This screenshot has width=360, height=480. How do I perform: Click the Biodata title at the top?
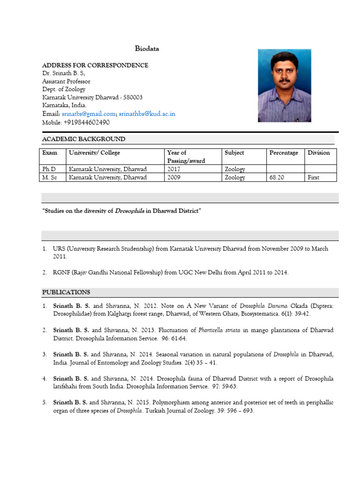point(147,49)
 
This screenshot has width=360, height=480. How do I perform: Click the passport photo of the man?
point(284,85)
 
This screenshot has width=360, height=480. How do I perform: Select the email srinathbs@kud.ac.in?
point(147,114)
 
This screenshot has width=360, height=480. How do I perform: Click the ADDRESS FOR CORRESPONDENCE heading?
point(95,65)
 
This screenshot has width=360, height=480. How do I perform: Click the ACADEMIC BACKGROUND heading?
point(83,139)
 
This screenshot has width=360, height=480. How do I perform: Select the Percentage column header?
point(284,153)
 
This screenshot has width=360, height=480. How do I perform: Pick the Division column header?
point(319,153)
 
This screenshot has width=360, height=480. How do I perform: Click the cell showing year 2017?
point(174,169)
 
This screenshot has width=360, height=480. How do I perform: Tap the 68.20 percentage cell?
point(277,178)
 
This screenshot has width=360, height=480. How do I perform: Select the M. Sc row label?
point(50,178)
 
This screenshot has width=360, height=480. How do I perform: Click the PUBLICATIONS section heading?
point(66,292)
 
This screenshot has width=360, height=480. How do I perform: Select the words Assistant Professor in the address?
point(66,82)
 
